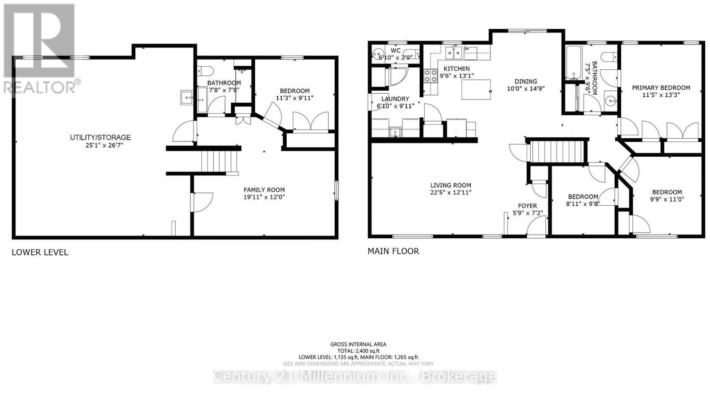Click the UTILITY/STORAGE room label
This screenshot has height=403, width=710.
click(x=100, y=137)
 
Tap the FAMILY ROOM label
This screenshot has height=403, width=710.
click(x=264, y=190)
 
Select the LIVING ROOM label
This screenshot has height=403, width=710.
click(x=450, y=185)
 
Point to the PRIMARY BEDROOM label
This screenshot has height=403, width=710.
click(x=661, y=88)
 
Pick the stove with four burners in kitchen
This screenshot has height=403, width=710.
click(x=430, y=76)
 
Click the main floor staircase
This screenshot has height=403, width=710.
click(x=556, y=152)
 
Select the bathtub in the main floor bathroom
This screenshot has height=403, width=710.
click(x=574, y=62)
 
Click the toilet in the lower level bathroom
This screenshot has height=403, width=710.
click(x=206, y=71)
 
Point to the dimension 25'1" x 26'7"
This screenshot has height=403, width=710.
click(x=100, y=145)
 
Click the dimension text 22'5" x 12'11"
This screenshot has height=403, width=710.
click(x=450, y=193)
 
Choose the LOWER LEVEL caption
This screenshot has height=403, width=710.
click(x=40, y=252)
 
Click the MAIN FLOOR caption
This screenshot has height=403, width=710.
click(x=393, y=251)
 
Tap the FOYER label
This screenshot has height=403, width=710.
click(x=527, y=206)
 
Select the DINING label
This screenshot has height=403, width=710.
click(x=525, y=81)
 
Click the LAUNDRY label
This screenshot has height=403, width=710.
click(x=395, y=99)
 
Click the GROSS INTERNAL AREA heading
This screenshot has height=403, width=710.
click(x=358, y=344)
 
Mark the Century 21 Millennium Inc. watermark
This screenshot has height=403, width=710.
click(x=355, y=377)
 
